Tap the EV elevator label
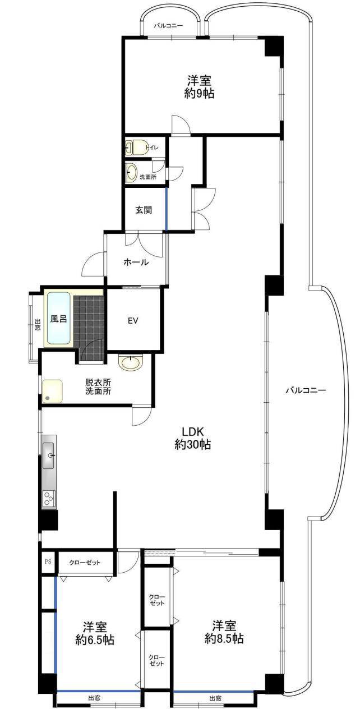click(x=133, y=320)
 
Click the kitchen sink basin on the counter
click(x=48, y=455)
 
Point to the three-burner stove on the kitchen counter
click(x=49, y=499)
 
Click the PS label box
click(x=48, y=561)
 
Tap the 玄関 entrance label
click(x=143, y=210)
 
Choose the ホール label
click(x=136, y=262)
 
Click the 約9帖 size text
click(x=199, y=93)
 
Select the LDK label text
click(x=193, y=431)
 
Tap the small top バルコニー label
click(x=168, y=25)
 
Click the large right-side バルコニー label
click(x=306, y=390)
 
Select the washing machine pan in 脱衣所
click(x=53, y=391)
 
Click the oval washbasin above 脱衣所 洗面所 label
click(x=131, y=363)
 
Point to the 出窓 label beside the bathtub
click(x=38, y=325)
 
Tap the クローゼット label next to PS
click(x=85, y=562)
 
